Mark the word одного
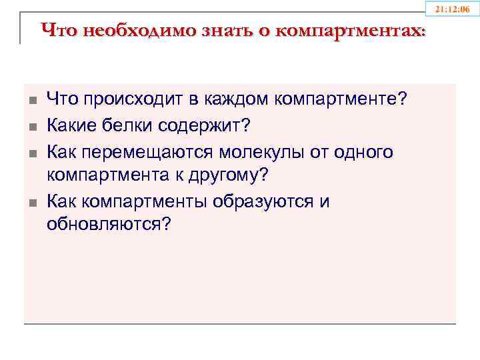[x=359, y=152]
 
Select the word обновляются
[x=109, y=226]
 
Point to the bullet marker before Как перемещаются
[x=31, y=153]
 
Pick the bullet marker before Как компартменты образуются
[x=31, y=202]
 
